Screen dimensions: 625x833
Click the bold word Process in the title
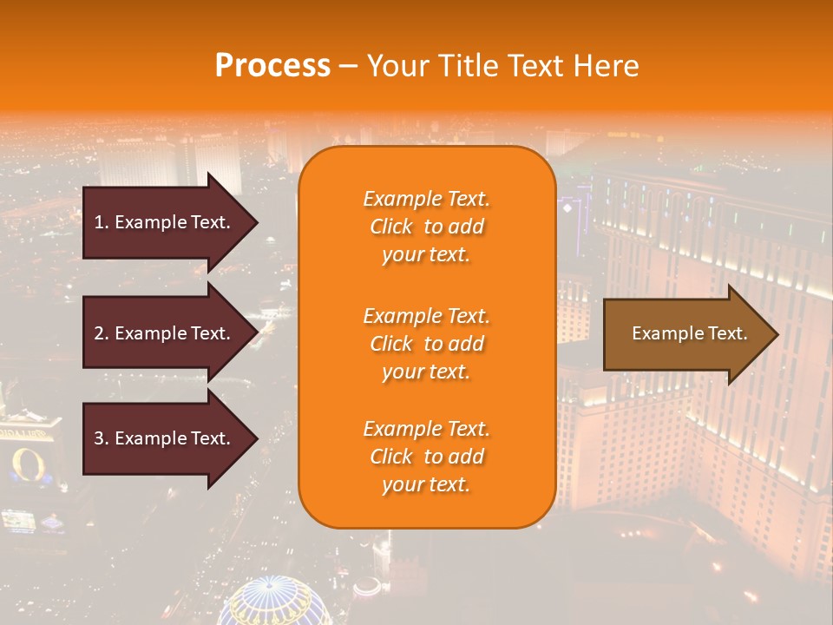click(x=272, y=66)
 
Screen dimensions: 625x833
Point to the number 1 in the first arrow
click(x=99, y=223)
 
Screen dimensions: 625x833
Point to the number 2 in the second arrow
click(x=99, y=334)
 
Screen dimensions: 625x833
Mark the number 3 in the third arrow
click(x=99, y=439)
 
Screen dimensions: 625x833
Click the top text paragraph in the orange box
click(x=426, y=227)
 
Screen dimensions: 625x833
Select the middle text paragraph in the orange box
click(x=426, y=344)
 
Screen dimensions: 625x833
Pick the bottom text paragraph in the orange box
click(x=426, y=457)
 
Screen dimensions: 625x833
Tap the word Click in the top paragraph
click(x=390, y=227)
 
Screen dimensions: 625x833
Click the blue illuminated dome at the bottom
click(x=274, y=604)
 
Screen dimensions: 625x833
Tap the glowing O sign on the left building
click(x=23, y=464)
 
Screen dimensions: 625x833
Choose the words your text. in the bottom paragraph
click(x=426, y=484)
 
